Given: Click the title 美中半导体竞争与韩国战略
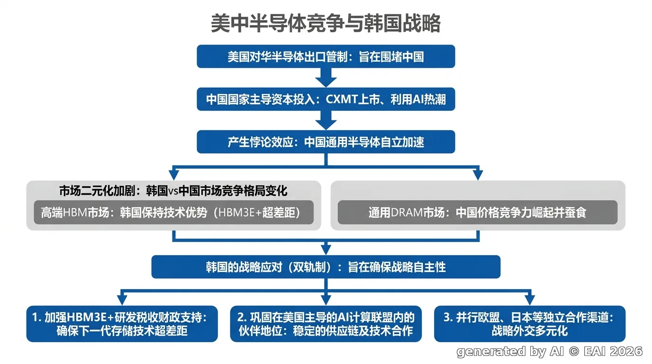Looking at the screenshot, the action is click(326, 23).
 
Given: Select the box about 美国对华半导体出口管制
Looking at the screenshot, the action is click(326, 56).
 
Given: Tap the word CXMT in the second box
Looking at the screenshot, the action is click(342, 100).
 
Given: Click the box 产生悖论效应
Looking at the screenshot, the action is click(326, 142).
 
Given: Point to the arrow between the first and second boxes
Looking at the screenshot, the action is click(326, 77).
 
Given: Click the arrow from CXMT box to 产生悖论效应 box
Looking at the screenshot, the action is click(326, 120).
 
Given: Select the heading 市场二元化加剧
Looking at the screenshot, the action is click(173, 191).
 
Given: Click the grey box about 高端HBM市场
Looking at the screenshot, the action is click(173, 212).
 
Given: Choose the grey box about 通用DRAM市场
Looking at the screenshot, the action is click(477, 212).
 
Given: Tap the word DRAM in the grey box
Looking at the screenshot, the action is click(407, 213).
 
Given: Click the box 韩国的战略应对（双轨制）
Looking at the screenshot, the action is click(326, 267).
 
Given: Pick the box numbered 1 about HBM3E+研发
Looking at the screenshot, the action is click(122, 324).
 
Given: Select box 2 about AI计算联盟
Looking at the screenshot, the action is click(326, 324).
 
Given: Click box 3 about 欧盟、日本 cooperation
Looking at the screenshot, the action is click(529, 324).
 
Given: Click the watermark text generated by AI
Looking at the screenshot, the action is click(510, 352).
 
